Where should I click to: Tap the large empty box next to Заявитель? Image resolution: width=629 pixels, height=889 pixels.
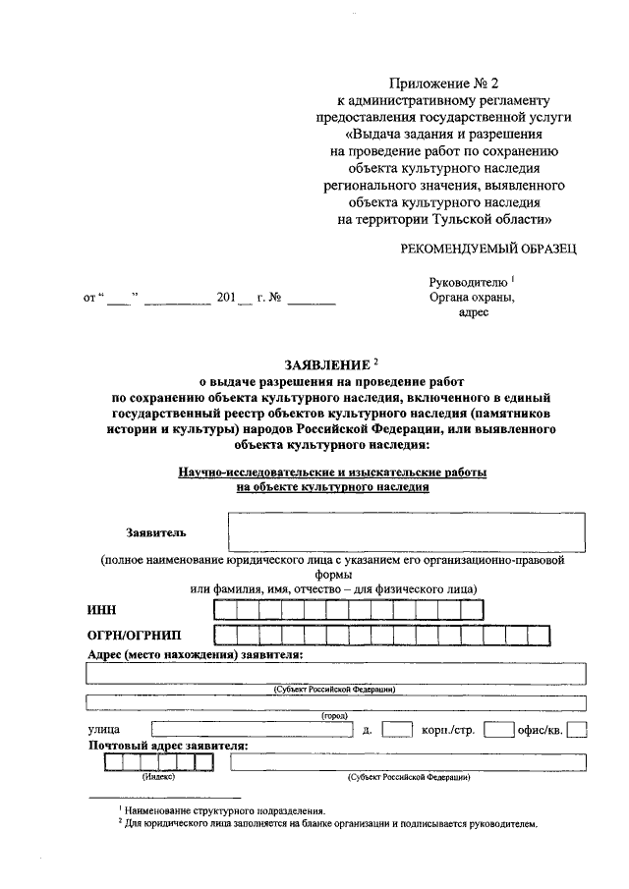coord(407,531)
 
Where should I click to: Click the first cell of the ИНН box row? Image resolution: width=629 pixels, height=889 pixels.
coord(241,610)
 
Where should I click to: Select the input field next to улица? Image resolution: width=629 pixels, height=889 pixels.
coord(252,730)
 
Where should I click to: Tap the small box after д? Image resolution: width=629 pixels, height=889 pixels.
coord(396,730)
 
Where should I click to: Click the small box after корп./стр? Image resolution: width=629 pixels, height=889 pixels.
coord(500,730)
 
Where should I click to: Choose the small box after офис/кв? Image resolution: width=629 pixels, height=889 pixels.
coord(577,730)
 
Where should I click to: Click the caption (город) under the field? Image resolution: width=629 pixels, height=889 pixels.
coord(335,715)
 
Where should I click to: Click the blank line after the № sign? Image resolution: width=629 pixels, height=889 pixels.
coord(312,298)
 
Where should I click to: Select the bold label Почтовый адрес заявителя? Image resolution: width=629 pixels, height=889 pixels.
coord(167,746)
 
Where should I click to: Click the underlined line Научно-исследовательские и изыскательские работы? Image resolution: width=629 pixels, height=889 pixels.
coord(332,472)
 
